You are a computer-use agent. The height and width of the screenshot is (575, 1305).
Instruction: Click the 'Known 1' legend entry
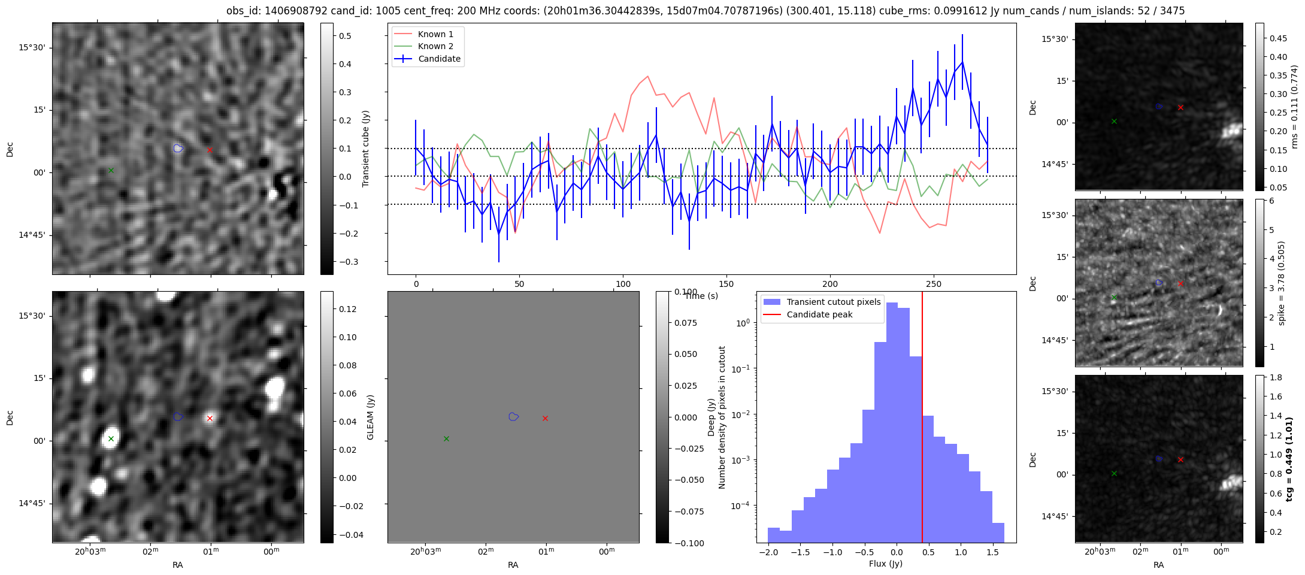[435, 34]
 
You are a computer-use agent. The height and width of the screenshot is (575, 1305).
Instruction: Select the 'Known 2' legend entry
[435, 46]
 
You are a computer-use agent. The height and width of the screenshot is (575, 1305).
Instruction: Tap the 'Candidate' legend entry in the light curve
[439, 59]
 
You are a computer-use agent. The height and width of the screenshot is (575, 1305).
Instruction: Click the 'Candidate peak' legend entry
[819, 314]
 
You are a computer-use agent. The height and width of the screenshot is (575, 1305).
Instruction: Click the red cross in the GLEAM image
[210, 418]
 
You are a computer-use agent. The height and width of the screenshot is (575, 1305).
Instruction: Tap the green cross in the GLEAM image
[111, 438]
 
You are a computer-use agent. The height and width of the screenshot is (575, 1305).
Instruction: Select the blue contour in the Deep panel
[513, 416]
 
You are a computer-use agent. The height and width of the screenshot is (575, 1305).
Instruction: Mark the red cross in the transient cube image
[210, 150]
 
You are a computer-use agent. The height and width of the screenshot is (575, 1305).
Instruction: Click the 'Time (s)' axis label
[701, 296]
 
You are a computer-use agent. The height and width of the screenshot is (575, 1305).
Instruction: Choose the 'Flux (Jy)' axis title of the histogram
[885, 564]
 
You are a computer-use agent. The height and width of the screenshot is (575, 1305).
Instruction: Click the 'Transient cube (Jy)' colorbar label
[366, 149]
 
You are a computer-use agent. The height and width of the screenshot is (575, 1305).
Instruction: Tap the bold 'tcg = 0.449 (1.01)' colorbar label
[1289, 459]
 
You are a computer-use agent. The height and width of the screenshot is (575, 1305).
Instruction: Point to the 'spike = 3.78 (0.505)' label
[1282, 283]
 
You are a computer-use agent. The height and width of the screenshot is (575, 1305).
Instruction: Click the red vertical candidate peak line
[922, 419]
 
